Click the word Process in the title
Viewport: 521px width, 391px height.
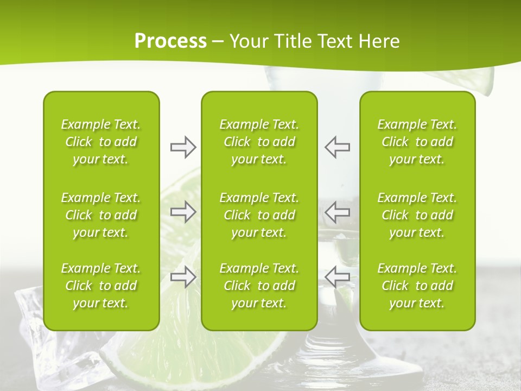click(170, 41)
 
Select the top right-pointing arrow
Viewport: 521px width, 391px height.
click(183, 147)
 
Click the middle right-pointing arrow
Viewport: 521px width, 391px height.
click(183, 212)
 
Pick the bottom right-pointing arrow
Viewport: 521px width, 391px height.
click(183, 277)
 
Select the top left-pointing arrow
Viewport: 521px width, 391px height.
click(338, 147)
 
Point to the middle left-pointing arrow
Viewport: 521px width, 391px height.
click(338, 212)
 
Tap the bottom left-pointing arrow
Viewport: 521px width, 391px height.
click(338, 277)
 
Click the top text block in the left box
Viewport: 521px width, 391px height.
click(101, 142)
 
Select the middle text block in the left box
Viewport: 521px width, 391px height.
click(101, 215)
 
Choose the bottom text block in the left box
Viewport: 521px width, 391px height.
click(101, 286)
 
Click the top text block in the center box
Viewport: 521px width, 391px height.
click(259, 142)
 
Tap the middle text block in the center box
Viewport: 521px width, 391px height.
click(259, 215)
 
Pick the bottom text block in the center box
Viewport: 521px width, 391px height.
click(259, 286)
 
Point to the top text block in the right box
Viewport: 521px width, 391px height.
click(417, 142)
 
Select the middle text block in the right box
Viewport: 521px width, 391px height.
click(417, 215)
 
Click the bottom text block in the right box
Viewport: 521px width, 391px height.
click(417, 286)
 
